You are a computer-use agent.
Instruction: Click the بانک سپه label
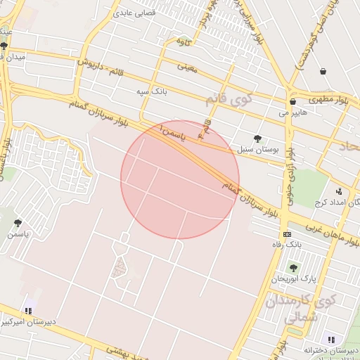point(152,91)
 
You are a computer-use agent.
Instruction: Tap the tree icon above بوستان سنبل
point(257,139)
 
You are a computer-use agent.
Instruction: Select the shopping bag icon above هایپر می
point(292,101)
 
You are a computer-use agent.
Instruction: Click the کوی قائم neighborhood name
point(228,99)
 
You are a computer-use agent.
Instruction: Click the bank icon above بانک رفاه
point(287,234)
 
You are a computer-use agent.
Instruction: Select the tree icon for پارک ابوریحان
point(293,267)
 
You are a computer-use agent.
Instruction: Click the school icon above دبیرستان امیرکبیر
point(28,310)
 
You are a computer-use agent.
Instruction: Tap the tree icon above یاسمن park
point(18,223)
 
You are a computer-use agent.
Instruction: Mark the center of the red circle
point(179,180)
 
